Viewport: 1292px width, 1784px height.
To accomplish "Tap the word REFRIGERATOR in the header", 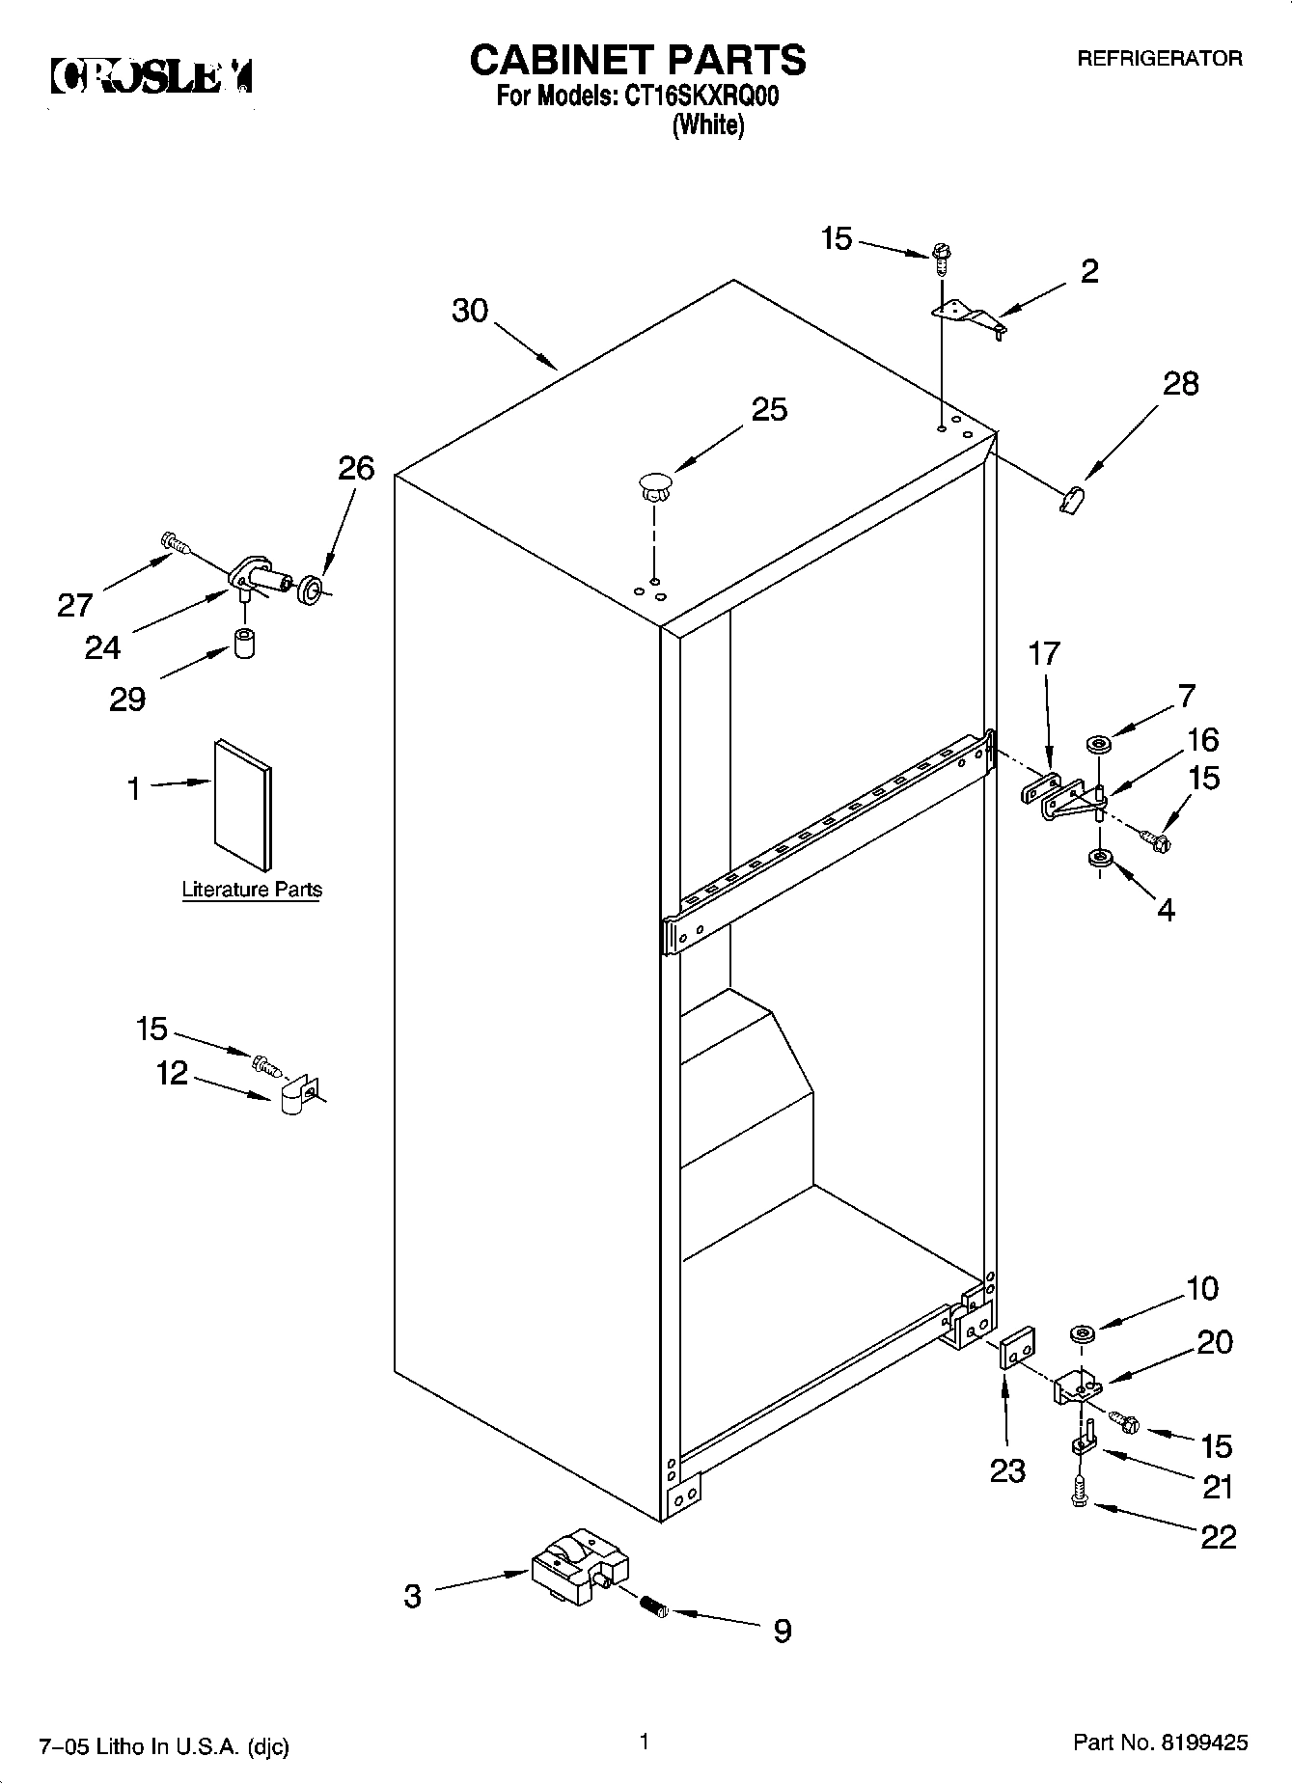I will click(x=1159, y=59).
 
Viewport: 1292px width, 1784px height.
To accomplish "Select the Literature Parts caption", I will click(x=252, y=890).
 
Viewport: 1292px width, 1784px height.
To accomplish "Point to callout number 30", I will click(x=470, y=311).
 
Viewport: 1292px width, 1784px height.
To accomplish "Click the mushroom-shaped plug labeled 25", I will click(x=654, y=483).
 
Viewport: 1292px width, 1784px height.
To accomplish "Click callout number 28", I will click(x=1180, y=384).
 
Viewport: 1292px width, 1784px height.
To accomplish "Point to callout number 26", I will click(x=355, y=469).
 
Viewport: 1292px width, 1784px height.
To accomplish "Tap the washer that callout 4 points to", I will click(x=1098, y=858).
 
